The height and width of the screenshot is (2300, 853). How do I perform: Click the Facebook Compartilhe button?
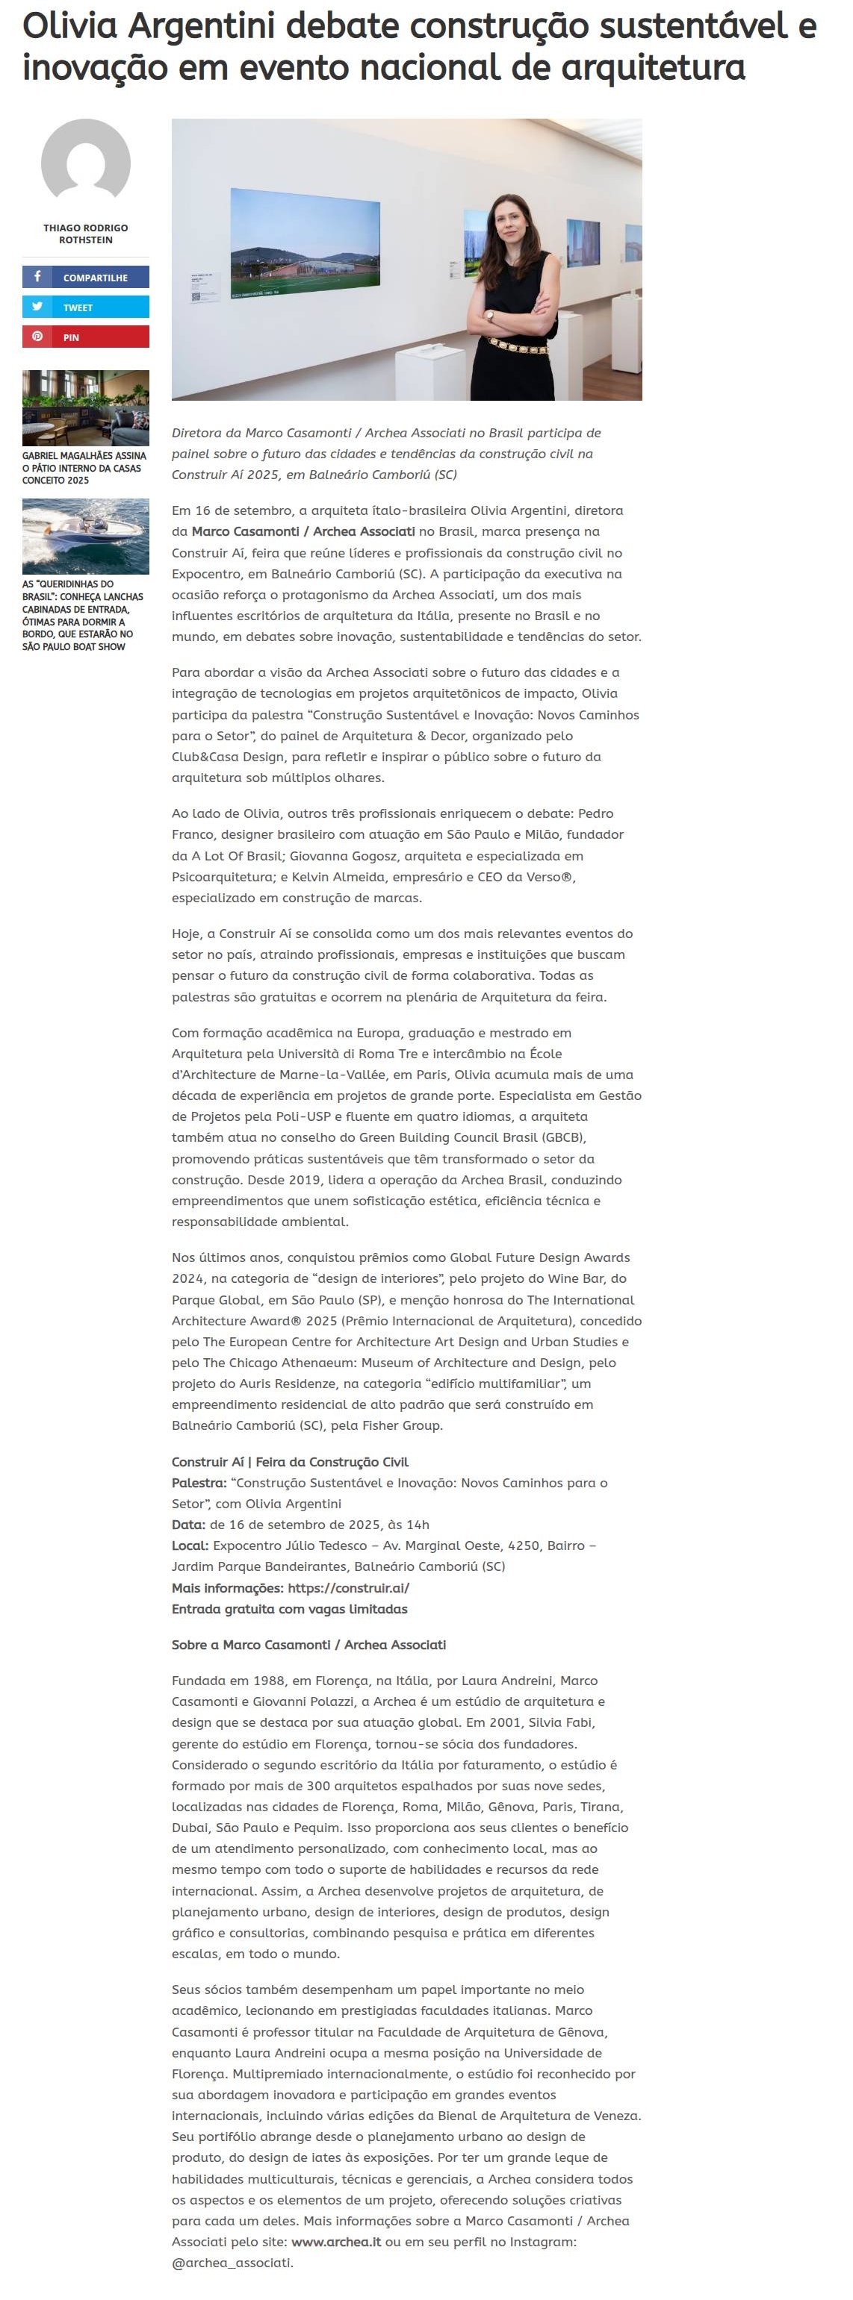click(86, 277)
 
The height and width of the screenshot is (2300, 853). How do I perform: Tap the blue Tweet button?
click(86, 307)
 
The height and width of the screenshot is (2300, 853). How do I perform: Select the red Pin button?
click(86, 337)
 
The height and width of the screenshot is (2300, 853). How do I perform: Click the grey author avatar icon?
click(86, 163)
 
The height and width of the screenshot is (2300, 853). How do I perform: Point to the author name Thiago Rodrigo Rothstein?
click(86, 234)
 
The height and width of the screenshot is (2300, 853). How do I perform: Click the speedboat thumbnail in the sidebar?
click(86, 536)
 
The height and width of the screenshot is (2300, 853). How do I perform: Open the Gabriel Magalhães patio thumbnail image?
click(86, 407)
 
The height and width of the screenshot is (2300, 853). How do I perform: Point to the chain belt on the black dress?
click(518, 346)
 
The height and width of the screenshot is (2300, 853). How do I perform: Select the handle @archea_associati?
click(231, 2263)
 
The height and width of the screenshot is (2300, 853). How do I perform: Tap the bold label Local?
click(190, 1546)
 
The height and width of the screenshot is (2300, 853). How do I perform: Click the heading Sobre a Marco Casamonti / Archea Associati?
click(308, 1645)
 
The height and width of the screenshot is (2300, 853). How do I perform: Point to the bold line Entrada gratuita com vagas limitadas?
click(289, 1609)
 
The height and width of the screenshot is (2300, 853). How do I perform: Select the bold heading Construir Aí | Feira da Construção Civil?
click(289, 1462)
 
